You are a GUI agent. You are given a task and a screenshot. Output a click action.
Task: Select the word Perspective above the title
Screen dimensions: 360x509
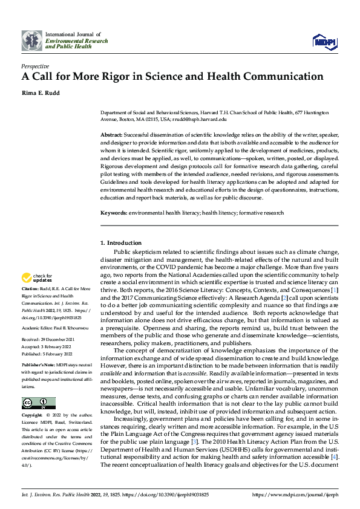tap(35, 65)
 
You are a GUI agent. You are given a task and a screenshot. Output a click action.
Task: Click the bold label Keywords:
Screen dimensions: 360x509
tap(113, 213)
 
